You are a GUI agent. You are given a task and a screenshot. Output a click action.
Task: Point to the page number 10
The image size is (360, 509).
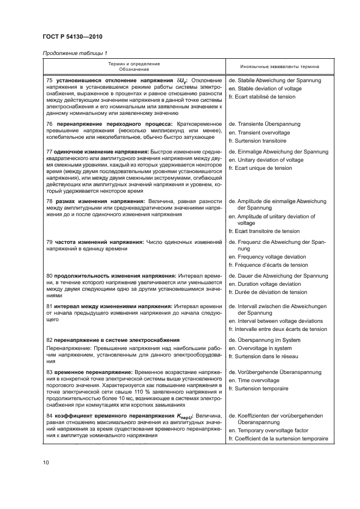tap(46, 462)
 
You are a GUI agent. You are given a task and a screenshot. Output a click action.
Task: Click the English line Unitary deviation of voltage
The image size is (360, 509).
tap(270, 160)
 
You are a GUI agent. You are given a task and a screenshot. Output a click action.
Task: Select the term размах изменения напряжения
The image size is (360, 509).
tap(91, 201)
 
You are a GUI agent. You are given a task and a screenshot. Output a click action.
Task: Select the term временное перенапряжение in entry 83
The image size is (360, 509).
tap(89, 372)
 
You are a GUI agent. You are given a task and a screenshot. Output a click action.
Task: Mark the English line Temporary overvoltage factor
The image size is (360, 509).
tap(272, 430)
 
